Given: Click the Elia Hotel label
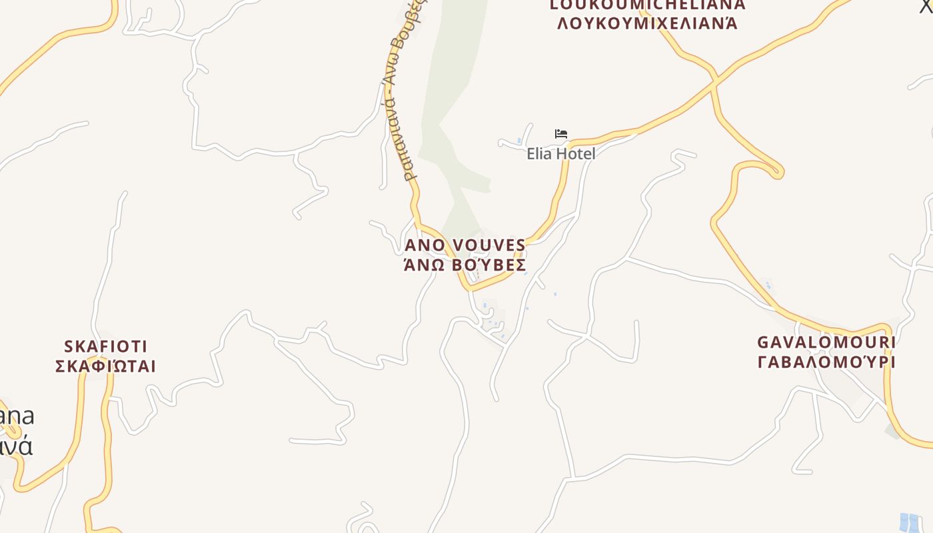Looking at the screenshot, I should pos(560,154).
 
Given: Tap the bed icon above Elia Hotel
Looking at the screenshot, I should pos(561,134).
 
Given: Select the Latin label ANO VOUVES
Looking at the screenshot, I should pos(465,246).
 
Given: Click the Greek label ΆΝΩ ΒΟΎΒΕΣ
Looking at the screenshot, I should pos(465,265).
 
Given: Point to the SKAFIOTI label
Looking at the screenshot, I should pos(105,346).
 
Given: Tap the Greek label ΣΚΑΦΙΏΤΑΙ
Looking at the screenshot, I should pos(105,366).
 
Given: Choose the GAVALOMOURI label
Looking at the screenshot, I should pos(826,342).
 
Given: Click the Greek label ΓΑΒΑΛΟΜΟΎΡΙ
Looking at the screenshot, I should pos(826,362).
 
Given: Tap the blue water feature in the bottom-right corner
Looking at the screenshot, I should pos(910,522).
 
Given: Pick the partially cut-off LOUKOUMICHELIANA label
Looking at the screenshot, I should pos(647,5).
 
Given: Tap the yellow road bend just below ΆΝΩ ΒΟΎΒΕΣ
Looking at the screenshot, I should pos(470,287).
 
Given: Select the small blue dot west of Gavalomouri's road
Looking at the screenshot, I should pos(768,286).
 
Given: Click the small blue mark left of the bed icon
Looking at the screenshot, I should pos(519,141).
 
